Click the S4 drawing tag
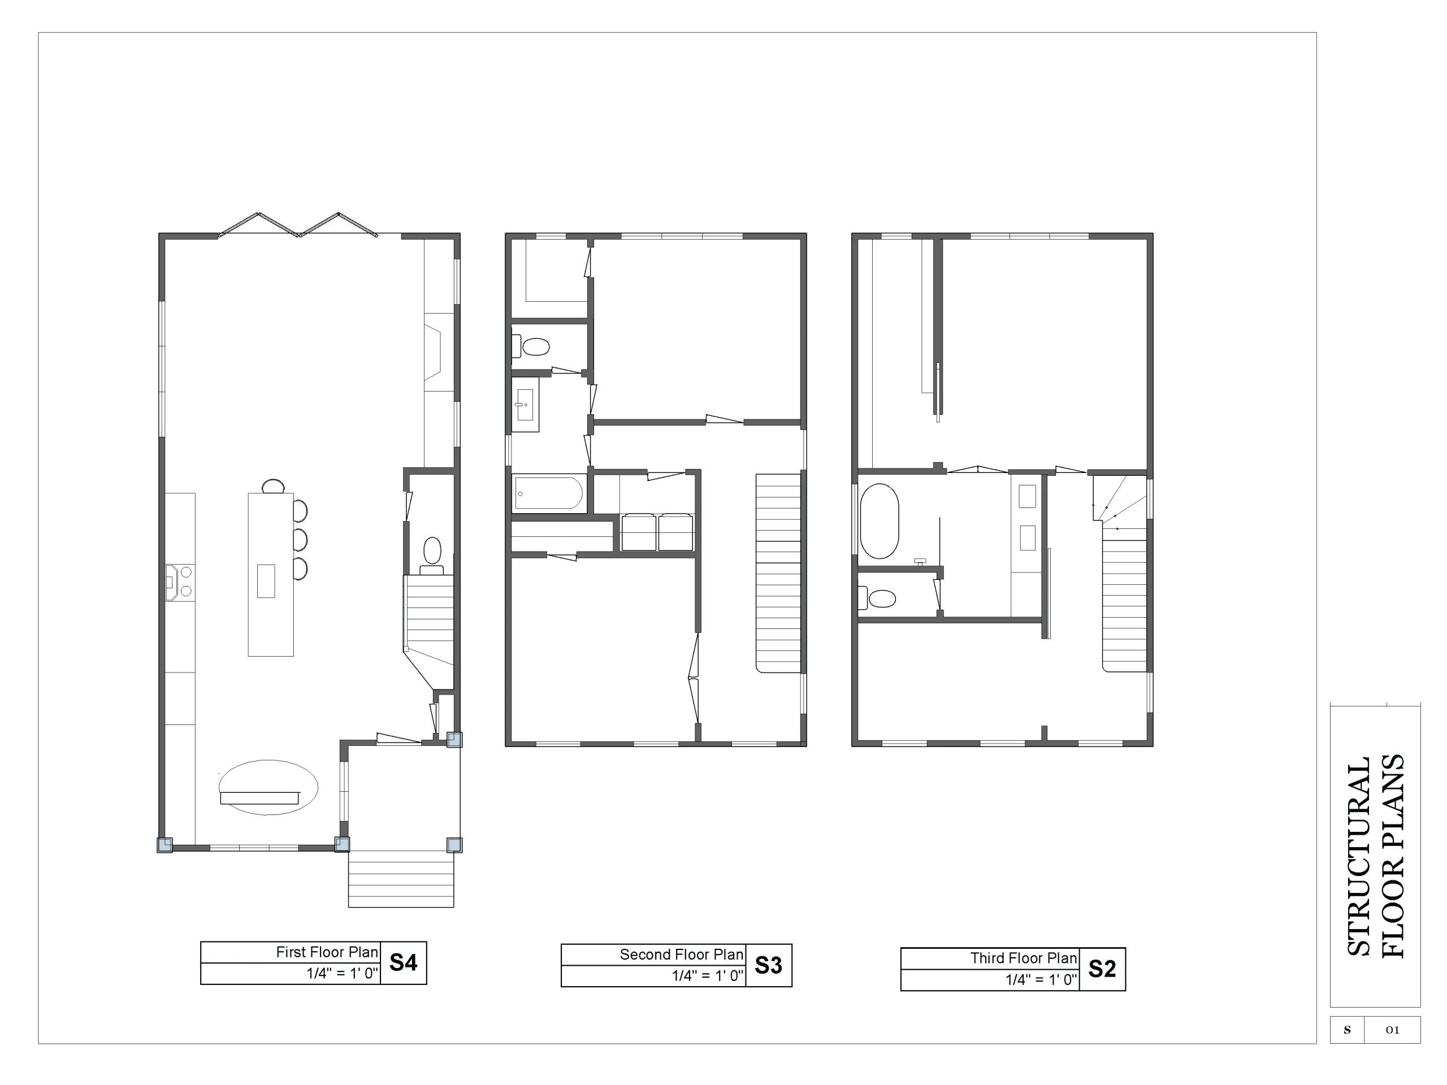coord(403,963)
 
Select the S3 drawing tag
coord(769,965)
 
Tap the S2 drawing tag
coord(1102,969)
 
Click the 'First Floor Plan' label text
coord(327,952)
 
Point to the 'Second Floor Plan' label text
coord(682,955)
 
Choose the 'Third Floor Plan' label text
coord(1024,958)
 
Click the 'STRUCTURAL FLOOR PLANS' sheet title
coord(1375,856)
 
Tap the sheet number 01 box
coord(1392,1030)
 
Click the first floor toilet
coord(432,556)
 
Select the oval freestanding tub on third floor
coord(879,521)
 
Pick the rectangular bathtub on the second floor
coord(548,492)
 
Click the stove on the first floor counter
coord(179,582)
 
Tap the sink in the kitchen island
coord(266,581)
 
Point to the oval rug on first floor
coord(268,787)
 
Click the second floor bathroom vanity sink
coord(525,405)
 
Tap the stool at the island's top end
coord(274,486)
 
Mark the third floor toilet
coord(877,598)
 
